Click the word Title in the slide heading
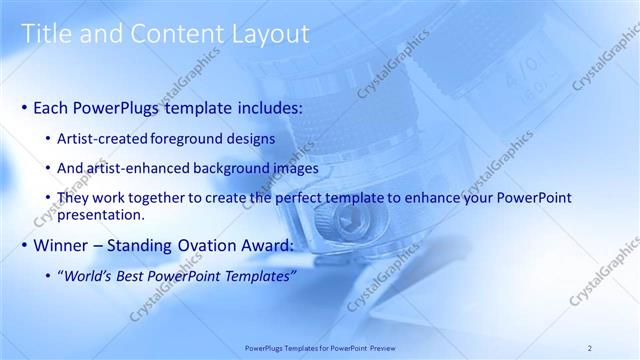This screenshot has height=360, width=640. (x=46, y=34)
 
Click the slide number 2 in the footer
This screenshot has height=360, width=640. (x=590, y=347)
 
